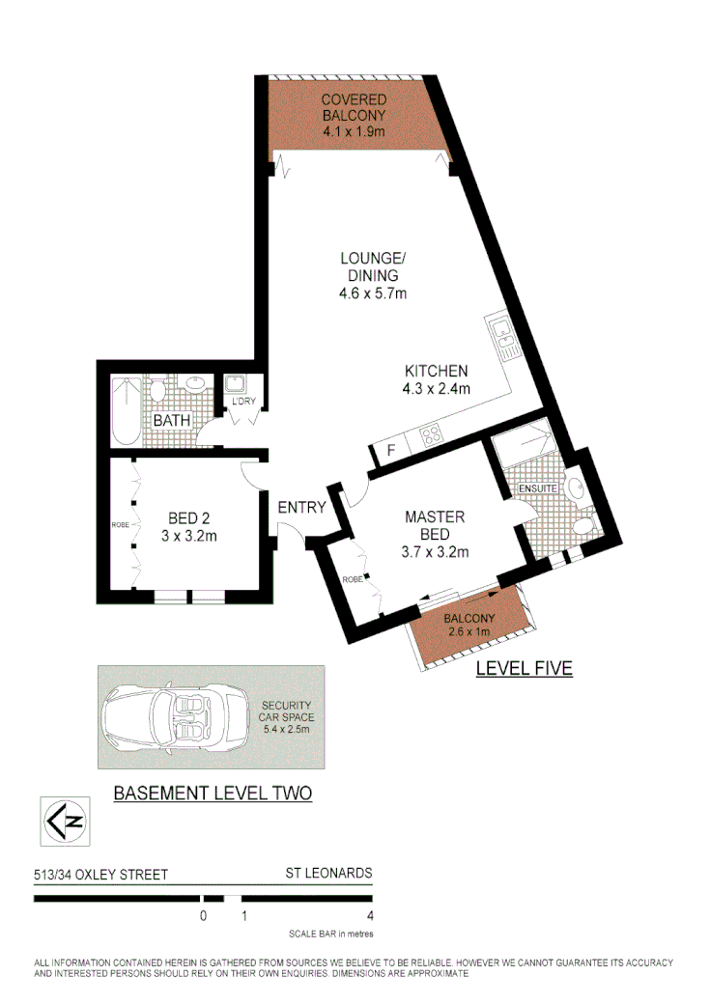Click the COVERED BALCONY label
point(354,107)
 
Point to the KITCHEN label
point(436,371)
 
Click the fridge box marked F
point(390,450)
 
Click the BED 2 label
point(183,516)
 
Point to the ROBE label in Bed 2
point(121,525)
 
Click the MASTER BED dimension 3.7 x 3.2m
point(436,552)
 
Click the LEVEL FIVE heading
point(525,667)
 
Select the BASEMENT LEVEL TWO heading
point(213,794)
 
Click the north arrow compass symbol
point(65,823)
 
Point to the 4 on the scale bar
point(371,916)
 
